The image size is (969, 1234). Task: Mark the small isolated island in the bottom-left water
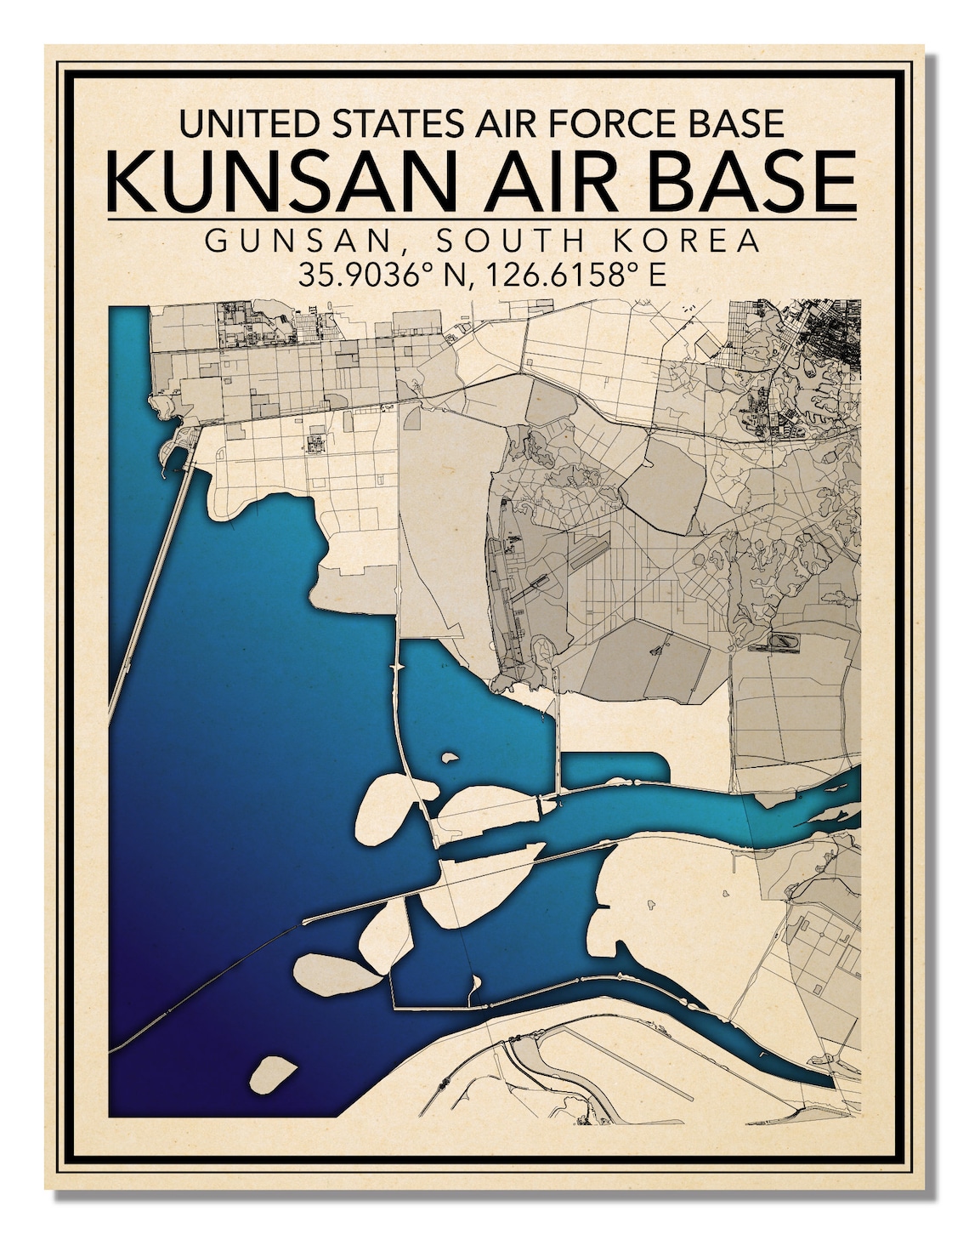point(273,1075)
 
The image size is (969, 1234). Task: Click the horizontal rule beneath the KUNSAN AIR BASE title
point(483,220)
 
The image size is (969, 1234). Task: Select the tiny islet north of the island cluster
point(450,756)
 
